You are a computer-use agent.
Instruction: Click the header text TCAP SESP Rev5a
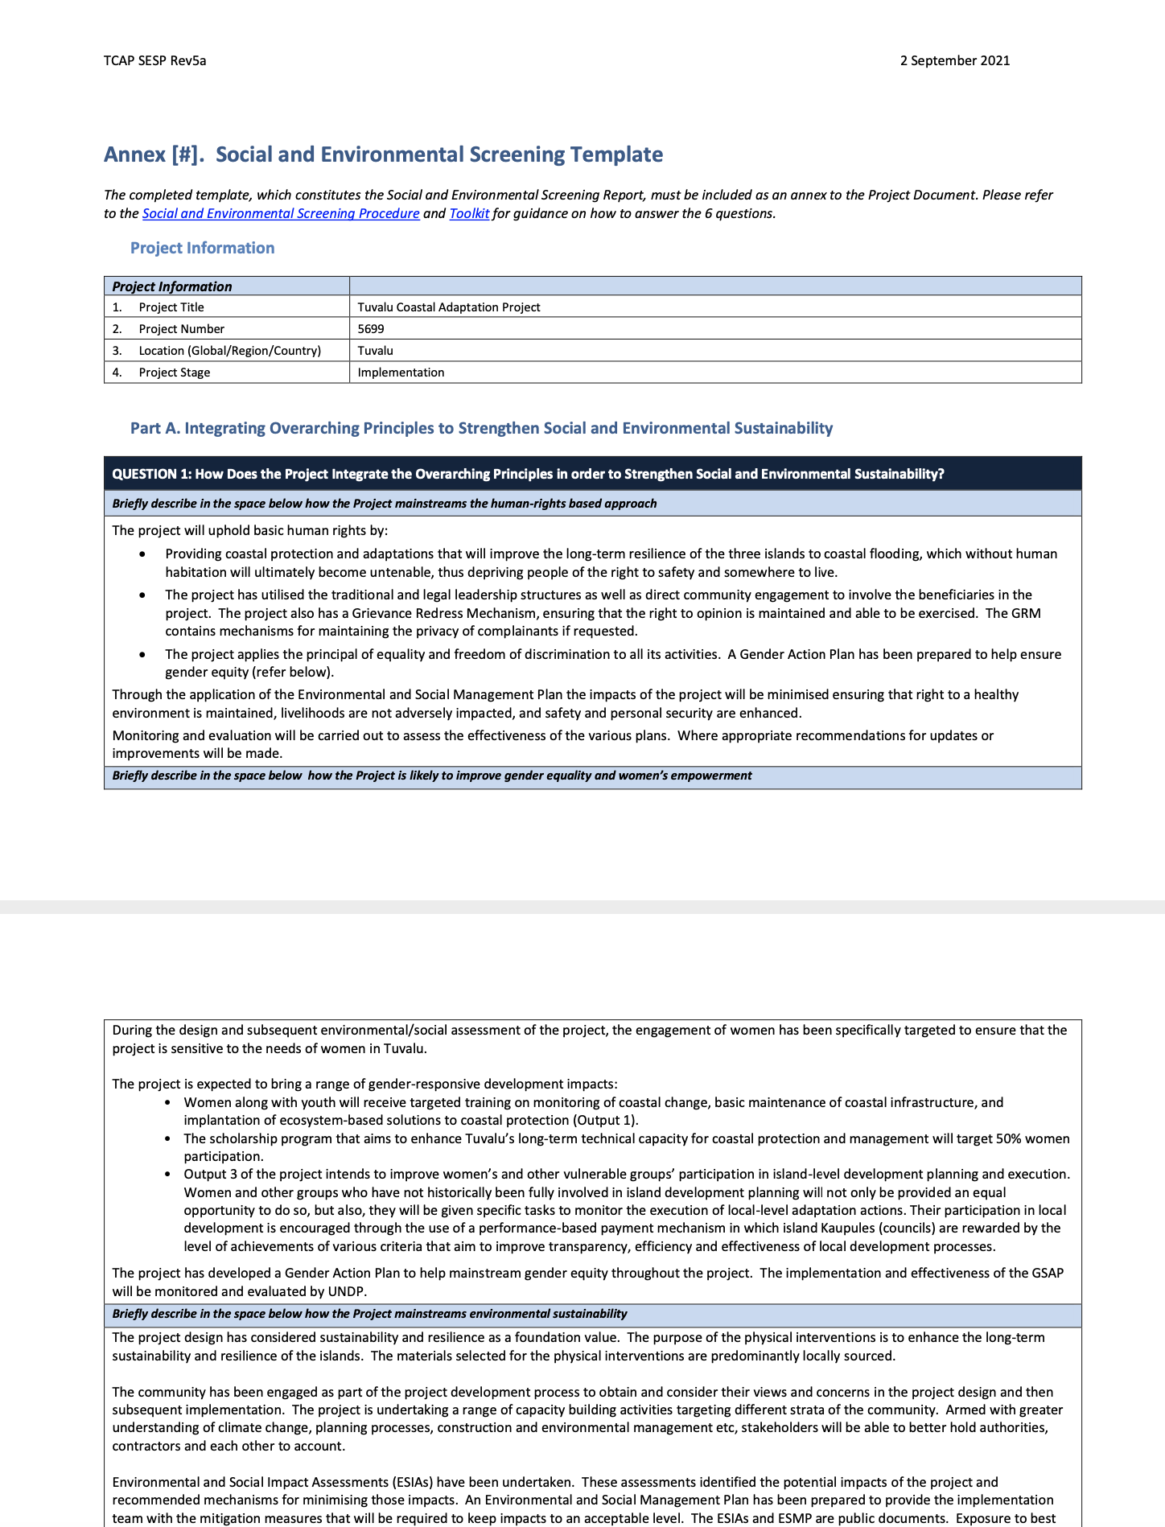click(x=154, y=60)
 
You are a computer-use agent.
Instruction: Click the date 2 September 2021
click(x=954, y=60)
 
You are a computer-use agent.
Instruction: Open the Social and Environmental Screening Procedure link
click(x=280, y=213)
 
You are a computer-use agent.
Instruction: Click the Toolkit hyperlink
click(x=469, y=213)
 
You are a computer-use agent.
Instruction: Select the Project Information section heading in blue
click(x=202, y=248)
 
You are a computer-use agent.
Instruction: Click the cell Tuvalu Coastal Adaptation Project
click(x=448, y=307)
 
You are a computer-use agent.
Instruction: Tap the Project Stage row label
click(x=174, y=372)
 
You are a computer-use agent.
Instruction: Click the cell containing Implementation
click(x=401, y=372)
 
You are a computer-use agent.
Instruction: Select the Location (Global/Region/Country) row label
click(x=229, y=351)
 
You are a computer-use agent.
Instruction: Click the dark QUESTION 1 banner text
click(x=527, y=474)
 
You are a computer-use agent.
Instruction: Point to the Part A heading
click(x=481, y=428)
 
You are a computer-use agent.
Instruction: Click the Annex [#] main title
click(x=383, y=154)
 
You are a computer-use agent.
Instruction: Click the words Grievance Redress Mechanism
click(x=443, y=613)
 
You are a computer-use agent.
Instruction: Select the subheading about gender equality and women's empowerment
click(x=431, y=776)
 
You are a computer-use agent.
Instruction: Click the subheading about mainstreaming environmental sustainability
click(x=369, y=1314)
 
